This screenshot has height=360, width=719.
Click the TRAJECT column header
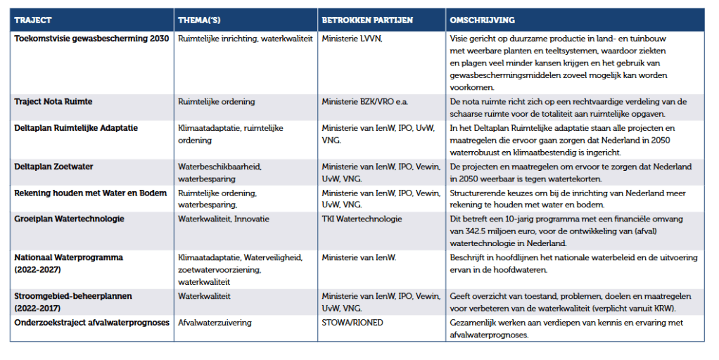(33, 20)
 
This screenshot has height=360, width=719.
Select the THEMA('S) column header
(201, 20)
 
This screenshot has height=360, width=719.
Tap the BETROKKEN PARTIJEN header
(367, 20)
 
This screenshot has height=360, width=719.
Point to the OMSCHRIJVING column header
(482, 20)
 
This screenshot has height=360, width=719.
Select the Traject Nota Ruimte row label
(53, 101)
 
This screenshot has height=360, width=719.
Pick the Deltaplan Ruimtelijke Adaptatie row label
(76, 128)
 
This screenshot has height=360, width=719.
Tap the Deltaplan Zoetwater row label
(53, 167)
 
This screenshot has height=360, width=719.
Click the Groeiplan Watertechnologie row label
(70, 219)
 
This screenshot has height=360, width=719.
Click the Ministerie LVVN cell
(352, 39)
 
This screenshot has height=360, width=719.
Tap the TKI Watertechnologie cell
(362, 219)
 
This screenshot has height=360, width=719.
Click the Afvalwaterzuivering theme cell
(215, 323)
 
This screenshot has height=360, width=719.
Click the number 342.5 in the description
(476, 231)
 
